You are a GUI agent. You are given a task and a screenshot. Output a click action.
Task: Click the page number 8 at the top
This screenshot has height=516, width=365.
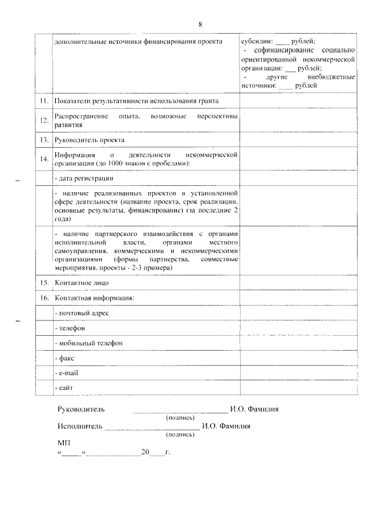[x=200, y=24]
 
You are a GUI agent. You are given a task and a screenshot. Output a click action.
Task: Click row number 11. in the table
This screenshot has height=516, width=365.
[x=43, y=101]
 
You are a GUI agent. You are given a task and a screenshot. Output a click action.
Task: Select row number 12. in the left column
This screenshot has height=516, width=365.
[x=44, y=120]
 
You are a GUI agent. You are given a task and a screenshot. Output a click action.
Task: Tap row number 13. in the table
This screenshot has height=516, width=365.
[x=43, y=140]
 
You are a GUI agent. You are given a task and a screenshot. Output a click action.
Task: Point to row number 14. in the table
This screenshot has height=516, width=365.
[x=44, y=159]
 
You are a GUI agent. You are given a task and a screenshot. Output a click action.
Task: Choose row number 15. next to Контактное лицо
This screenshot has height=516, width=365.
[x=44, y=283]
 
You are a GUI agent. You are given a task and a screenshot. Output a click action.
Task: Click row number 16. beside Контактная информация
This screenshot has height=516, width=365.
[x=44, y=298]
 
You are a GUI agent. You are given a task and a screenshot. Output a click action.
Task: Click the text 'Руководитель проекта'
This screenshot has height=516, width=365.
[x=89, y=140]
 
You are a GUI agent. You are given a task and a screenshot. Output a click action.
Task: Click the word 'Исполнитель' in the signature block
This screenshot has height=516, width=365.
[x=79, y=425]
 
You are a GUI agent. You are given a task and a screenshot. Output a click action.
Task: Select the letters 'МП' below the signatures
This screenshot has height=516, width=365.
[x=63, y=442]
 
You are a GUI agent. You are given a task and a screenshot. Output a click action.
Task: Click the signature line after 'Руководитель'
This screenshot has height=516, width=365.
[x=180, y=409]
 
